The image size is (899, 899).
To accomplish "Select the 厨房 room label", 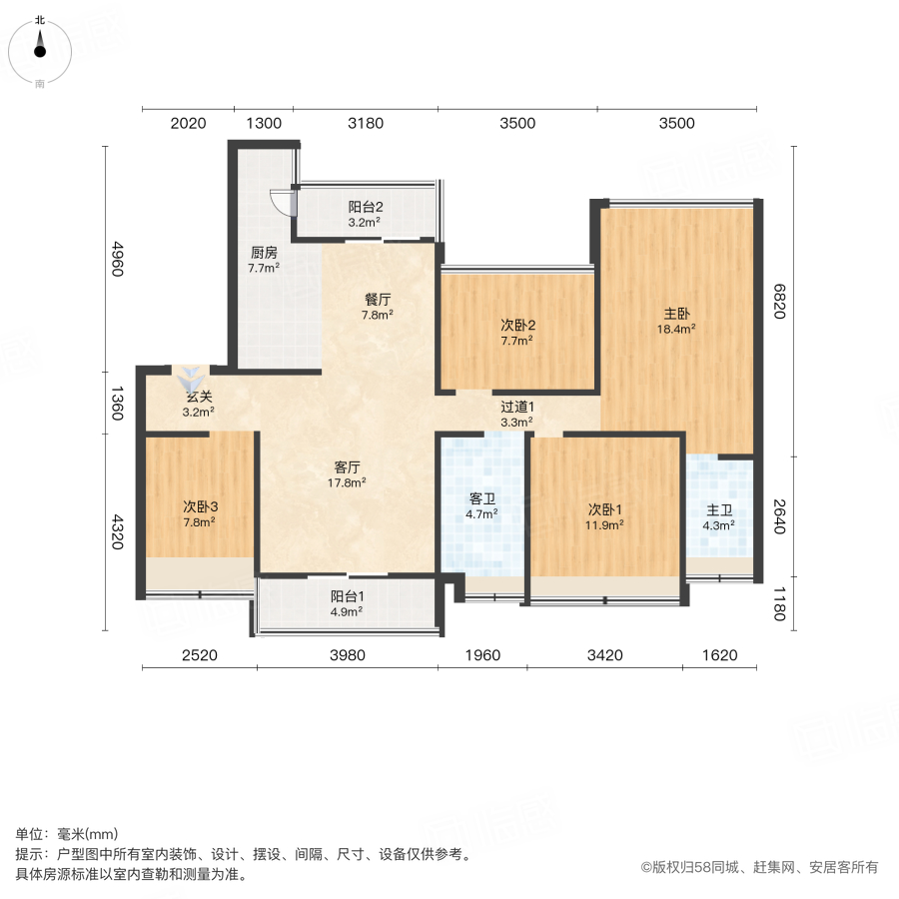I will (x=264, y=253).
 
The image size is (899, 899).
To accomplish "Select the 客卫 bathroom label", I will (x=483, y=498).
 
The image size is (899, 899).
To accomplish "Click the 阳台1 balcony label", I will (x=348, y=597).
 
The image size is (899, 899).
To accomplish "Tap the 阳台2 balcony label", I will (x=366, y=207).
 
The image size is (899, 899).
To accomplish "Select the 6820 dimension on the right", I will (x=778, y=302).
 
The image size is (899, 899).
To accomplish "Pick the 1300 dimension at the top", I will (x=264, y=123).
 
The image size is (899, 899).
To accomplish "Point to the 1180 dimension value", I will (x=778, y=603).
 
